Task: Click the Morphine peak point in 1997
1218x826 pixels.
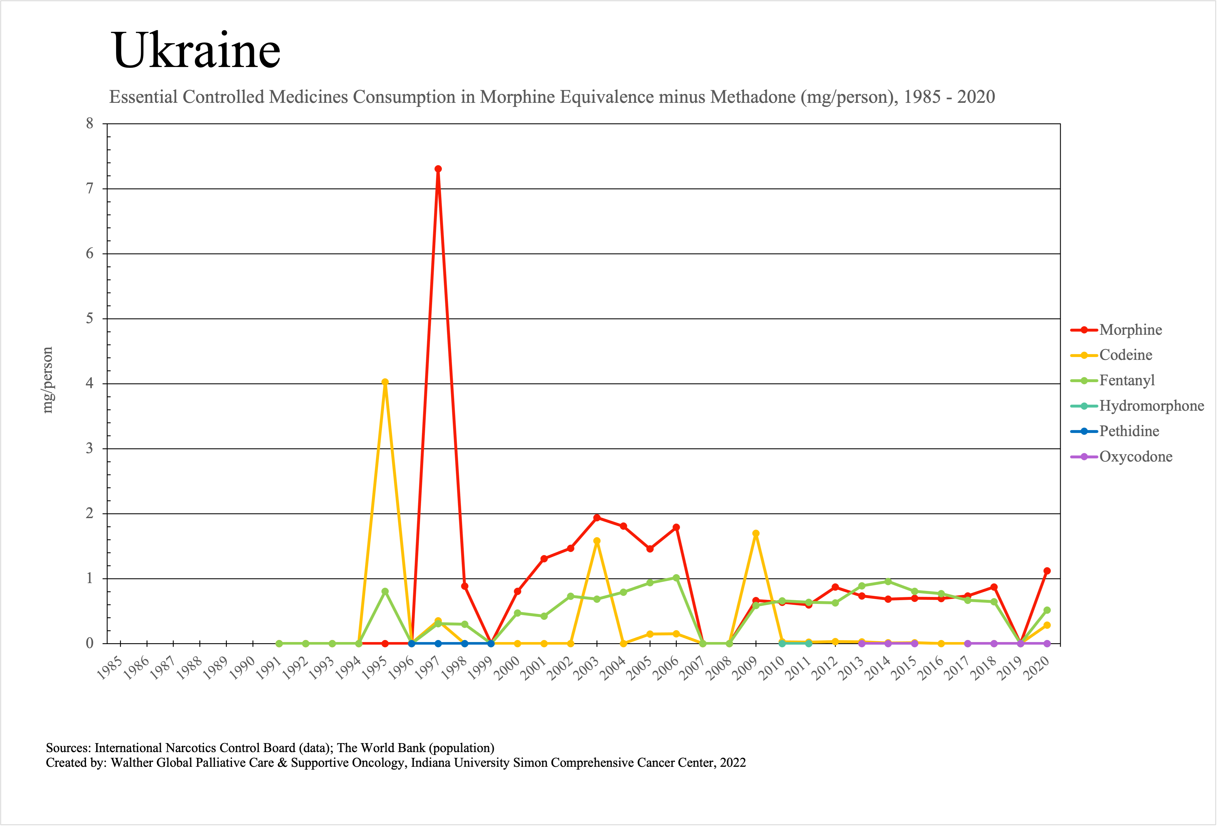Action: tap(438, 169)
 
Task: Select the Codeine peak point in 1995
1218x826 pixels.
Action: tap(385, 382)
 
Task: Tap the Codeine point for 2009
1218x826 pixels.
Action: tap(756, 533)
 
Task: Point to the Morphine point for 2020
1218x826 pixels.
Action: tap(1047, 571)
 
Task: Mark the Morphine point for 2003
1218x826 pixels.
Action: tap(597, 518)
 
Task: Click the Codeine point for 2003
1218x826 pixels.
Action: tap(597, 541)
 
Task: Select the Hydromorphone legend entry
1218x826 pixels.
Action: tap(1151, 406)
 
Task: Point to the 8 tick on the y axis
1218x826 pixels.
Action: tap(90, 124)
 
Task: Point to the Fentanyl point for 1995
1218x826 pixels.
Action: tap(385, 591)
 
